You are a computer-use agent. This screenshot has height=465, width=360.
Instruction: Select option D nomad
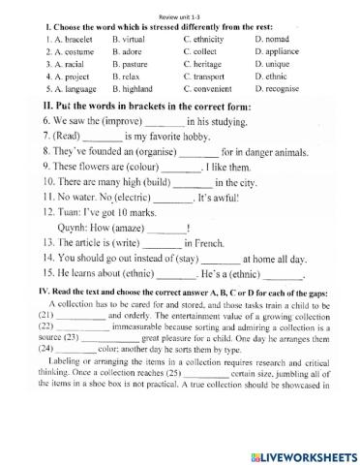coord(281,40)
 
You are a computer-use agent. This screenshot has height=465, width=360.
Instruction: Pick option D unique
coord(282,63)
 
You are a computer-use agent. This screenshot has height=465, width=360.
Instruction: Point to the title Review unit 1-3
coord(180,6)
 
